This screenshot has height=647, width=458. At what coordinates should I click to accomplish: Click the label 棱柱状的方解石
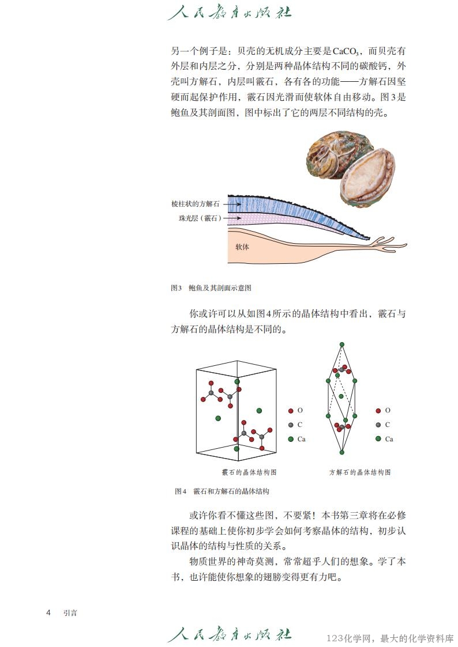(196, 204)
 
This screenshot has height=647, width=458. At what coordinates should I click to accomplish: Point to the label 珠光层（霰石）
(200, 218)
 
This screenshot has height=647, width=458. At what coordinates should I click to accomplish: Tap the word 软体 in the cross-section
(242, 247)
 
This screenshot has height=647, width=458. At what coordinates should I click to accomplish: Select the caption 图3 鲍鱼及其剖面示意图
(211, 287)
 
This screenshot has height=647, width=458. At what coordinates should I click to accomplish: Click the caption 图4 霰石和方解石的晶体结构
(222, 491)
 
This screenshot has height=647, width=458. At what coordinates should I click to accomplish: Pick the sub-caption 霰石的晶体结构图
(249, 472)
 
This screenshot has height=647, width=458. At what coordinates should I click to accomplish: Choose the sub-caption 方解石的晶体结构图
(360, 472)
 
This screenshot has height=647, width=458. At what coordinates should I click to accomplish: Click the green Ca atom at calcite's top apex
(341, 345)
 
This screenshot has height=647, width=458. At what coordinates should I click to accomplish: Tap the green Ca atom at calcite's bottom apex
(341, 452)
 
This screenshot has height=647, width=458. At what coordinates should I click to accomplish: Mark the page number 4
(48, 612)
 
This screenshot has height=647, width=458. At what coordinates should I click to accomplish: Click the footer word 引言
(70, 613)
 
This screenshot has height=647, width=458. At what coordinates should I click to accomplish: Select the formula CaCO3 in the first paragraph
(346, 52)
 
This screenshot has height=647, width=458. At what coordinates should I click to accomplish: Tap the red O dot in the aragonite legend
(291, 411)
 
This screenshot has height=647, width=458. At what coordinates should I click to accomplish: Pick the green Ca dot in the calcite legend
(378, 438)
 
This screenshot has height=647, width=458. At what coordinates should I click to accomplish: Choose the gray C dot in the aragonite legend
(291, 425)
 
